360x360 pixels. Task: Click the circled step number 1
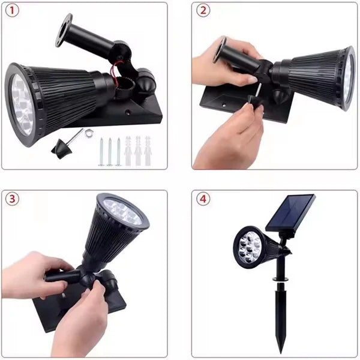pyautogui.click(x=13, y=10)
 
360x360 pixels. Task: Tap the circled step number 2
pyautogui.click(x=204, y=10)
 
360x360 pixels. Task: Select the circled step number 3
pyautogui.click(x=13, y=200)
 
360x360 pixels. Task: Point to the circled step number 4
pyautogui.click(x=204, y=200)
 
